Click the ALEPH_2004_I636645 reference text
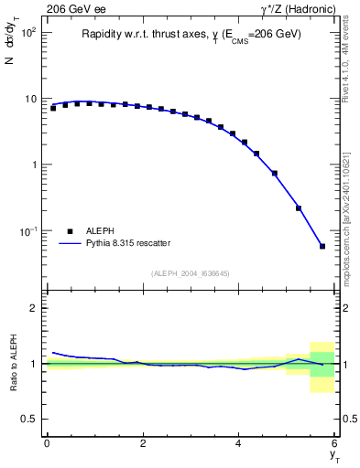pos(190,273)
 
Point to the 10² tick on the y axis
pos(27,32)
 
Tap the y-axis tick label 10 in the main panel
pos(29,99)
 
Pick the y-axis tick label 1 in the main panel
pos(33,165)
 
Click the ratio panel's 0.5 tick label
pos(29,419)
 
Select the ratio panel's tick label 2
pos(33,309)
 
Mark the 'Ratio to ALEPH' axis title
pos(14,364)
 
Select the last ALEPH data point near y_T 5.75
pos(322,246)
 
